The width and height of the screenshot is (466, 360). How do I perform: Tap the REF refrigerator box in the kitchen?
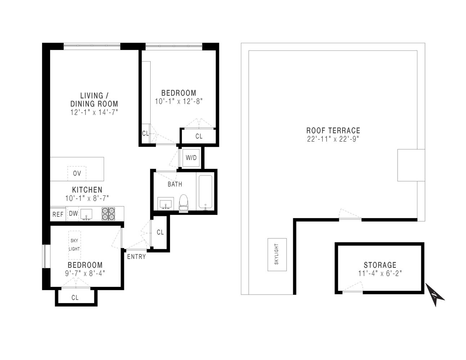(x=58, y=214)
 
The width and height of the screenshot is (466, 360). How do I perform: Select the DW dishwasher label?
(x=73, y=214)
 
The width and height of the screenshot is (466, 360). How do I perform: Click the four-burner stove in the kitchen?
(x=108, y=214)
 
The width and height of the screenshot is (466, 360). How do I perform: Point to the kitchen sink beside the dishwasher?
(x=86, y=214)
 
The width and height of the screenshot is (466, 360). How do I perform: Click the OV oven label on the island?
(x=77, y=173)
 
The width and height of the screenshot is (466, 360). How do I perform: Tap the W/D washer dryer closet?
(x=191, y=158)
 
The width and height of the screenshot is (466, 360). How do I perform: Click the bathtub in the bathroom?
(x=206, y=192)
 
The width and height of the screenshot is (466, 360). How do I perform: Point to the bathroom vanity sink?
(x=166, y=204)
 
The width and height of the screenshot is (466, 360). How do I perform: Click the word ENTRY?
(x=136, y=257)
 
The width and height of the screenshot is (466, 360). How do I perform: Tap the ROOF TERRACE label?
(x=333, y=131)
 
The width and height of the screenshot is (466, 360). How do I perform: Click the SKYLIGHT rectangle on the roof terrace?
(x=277, y=255)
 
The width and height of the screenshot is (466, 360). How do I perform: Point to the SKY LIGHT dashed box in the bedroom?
(x=75, y=245)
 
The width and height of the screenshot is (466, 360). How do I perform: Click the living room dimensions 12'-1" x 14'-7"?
(x=94, y=112)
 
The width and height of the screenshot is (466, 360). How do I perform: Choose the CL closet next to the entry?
(x=160, y=233)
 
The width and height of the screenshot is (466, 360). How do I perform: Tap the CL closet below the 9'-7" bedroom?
(x=75, y=298)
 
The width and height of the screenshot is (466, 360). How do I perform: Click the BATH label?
(x=175, y=184)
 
